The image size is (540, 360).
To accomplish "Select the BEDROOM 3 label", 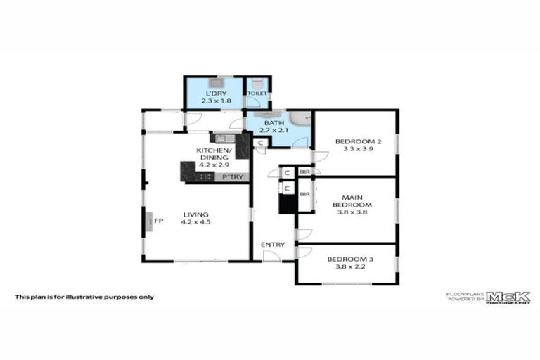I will (x=351, y=259).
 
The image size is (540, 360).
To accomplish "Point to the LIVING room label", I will (x=195, y=214).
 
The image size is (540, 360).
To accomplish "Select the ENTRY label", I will (x=273, y=245).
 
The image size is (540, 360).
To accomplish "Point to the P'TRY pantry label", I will (x=233, y=177).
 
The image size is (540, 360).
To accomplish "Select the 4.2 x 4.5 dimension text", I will (x=195, y=222).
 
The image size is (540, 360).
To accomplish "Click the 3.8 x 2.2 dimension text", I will (x=351, y=267).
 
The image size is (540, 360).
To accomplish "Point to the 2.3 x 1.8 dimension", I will (x=216, y=101).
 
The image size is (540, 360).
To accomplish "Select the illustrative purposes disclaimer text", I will (x=84, y=297).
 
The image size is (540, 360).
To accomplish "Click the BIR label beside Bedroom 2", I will (x=305, y=172).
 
